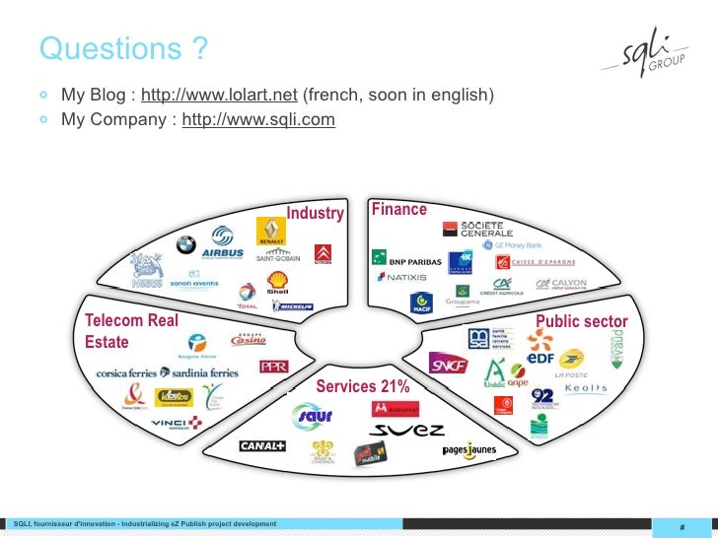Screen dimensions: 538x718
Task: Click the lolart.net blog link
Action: (219, 96)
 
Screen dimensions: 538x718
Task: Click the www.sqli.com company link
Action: (258, 120)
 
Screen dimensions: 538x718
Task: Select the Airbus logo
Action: (222, 243)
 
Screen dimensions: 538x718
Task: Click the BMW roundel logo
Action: (185, 245)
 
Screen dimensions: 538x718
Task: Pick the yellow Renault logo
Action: (270, 231)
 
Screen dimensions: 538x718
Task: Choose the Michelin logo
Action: (293, 307)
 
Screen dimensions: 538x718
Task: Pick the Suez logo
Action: (407, 431)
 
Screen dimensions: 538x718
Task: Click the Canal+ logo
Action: (261, 446)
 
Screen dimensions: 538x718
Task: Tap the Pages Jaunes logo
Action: (469, 450)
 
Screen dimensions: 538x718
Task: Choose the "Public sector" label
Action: (581, 322)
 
